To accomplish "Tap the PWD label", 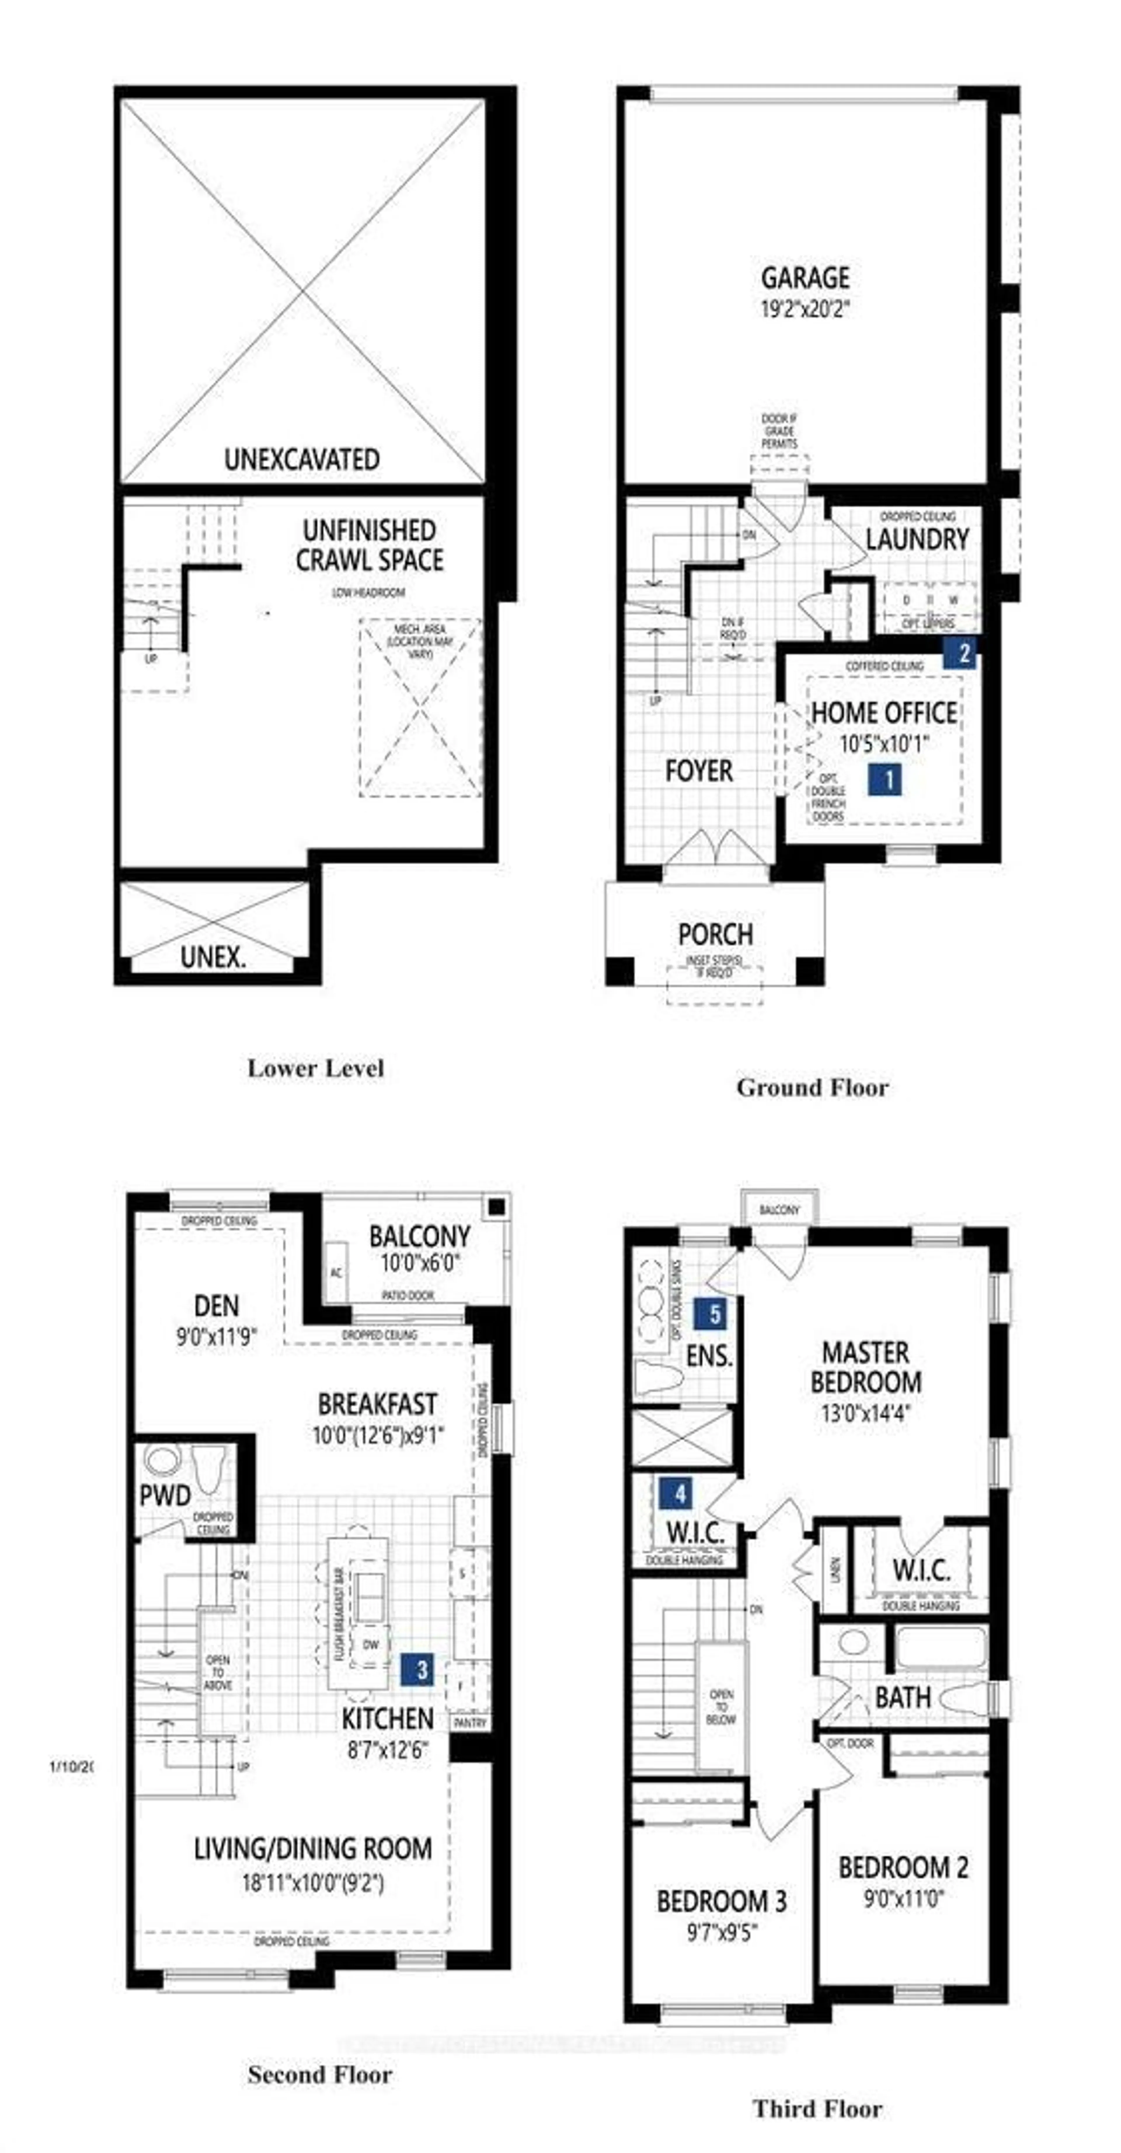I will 165,1495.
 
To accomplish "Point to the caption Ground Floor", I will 812,1087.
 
